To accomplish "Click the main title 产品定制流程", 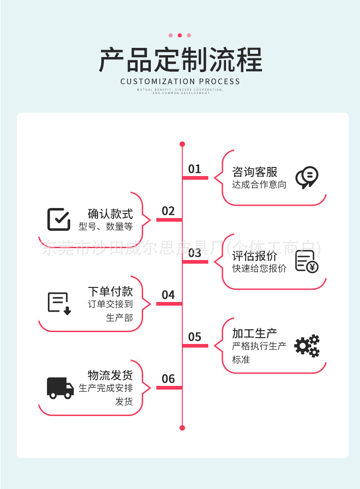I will pyautogui.click(x=180, y=60).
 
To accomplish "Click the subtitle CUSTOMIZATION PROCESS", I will pyautogui.click(x=180, y=82).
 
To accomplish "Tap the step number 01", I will pyautogui.click(x=195, y=169).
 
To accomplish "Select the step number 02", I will pyautogui.click(x=168, y=211).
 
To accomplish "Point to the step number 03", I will pyautogui.click(x=195, y=253).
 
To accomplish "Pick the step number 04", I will pyautogui.click(x=168, y=295).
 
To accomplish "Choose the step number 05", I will pyautogui.click(x=195, y=337).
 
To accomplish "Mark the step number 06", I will pyautogui.click(x=168, y=379).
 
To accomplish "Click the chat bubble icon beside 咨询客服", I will pyautogui.click(x=307, y=177).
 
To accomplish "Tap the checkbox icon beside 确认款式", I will pyautogui.click(x=59, y=219).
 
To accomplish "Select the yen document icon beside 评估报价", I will pyautogui.click(x=307, y=261).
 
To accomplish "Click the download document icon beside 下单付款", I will pyautogui.click(x=59, y=303).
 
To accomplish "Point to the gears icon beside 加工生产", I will pyautogui.click(x=307, y=346).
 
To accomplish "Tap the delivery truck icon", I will pyautogui.click(x=60, y=388).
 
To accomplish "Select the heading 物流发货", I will pyautogui.click(x=110, y=375).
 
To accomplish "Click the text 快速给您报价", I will pyautogui.click(x=259, y=269).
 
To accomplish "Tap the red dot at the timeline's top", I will pyautogui.click(x=182, y=144).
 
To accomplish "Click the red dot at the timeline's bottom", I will pyautogui.click(x=182, y=428).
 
